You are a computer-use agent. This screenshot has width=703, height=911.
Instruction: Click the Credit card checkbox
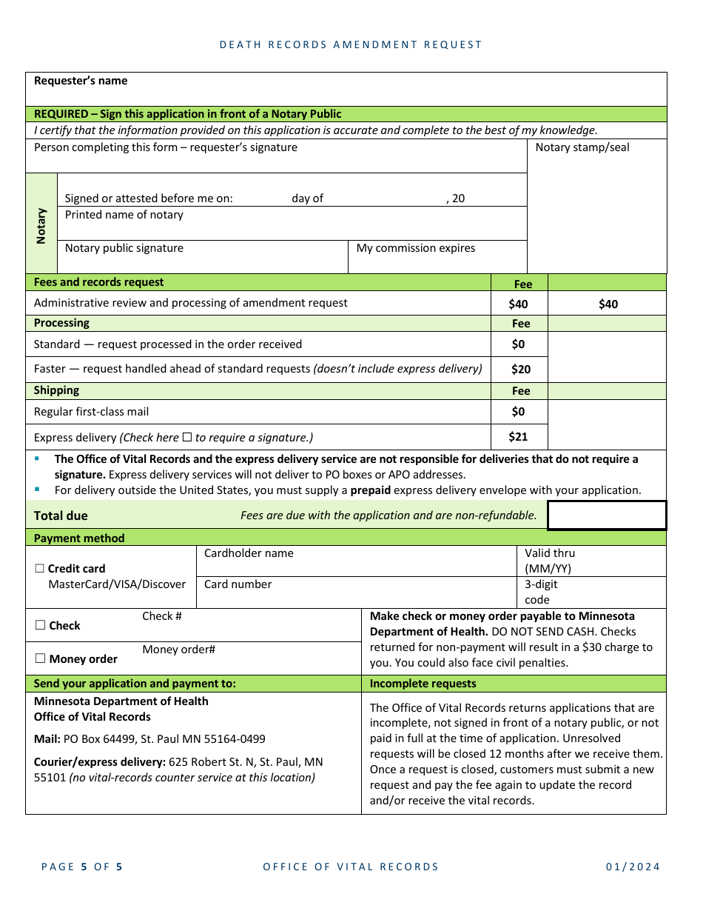pyautogui.click(x=40, y=569)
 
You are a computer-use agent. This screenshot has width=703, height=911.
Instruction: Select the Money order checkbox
pyautogui.click(x=40, y=658)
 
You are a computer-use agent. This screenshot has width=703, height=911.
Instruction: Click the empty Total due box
pyautogui.click(x=607, y=515)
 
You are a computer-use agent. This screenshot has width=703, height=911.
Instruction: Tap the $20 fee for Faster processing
pyautogui.click(x=520, y=370)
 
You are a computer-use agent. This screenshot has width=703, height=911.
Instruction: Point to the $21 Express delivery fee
pyautogui.click(x=518, y=437)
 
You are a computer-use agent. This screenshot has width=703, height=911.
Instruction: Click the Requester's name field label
pyautogui.click(x=81, y=81)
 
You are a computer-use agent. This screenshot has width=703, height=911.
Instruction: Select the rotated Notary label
pyautogui.click(x=41, y=225)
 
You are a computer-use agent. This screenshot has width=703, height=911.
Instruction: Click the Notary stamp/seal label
pyautogui.click(x=582, y=147)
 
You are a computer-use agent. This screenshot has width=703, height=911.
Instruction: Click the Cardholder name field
pyautogui.click(x=355, y=561)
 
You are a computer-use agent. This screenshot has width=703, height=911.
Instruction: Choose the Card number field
pyautogui.click(x=355, y=593)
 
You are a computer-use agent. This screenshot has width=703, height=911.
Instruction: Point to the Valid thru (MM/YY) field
pyautogui.click(x=591, y=561)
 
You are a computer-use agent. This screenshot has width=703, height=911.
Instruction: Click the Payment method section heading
pyautogui.click(x=79, y=538)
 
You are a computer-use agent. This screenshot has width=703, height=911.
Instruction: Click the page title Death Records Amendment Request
pyautogui.click(x=351, y=45)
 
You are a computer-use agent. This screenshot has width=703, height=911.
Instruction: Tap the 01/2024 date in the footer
pyautogui.click(x=633, y=867)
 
